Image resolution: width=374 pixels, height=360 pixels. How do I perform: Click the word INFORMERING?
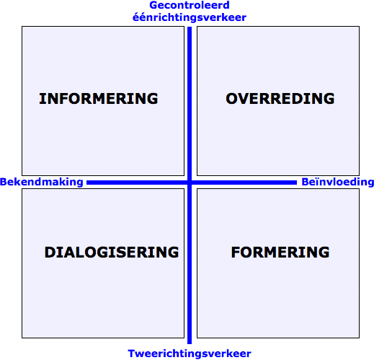click(x=99, y=99)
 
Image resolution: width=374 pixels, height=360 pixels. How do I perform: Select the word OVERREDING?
click(x=280, y=99)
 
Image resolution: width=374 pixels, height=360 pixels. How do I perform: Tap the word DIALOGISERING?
click(x=112, y=253)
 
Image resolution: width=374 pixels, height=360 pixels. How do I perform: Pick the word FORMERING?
click(x=280, y=253)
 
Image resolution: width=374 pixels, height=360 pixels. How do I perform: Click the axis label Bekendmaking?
click(x=42, y=182)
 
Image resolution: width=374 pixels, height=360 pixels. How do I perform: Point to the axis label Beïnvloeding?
click(x=338, y=182)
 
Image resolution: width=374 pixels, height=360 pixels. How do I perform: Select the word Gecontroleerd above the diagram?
click(x=190, y=5)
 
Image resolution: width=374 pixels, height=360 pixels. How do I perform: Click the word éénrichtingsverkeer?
click(x=190, y=17)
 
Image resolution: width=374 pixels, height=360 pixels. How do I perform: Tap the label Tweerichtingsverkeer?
click(x=190, y=354)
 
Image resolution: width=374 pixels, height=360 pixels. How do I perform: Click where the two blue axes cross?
click(x=190, y=183)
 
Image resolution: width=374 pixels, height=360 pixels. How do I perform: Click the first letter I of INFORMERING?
click(x=41, y=99)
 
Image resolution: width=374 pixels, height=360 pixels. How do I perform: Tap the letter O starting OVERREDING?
click(x=231, y=99)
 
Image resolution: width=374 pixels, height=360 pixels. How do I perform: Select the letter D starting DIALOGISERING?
click(x=50, y=253)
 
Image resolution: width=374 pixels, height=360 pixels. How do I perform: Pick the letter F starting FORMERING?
click(x=236, y=253)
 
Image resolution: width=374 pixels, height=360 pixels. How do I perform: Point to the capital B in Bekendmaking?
click(x=3, y=182)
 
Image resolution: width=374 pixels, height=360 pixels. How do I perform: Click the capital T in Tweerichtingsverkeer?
click(x=132, y=354)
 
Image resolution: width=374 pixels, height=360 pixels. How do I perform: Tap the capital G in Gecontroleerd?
click(x=153, y=5)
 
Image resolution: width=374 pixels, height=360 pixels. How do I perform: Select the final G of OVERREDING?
click(x=329, y=99)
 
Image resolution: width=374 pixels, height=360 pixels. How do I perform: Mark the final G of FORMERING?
click(x=324, y=253)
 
